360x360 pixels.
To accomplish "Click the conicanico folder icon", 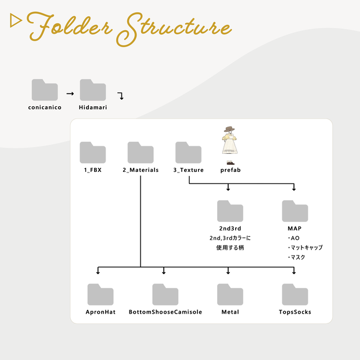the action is (x=45, y=90).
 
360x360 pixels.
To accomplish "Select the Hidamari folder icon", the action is (x=93, y=90).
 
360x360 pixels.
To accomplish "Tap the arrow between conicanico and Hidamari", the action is (x=70, y=93).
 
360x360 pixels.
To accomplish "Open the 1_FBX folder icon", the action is (x=93, y=153).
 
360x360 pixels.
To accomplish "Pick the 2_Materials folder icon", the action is (x=141, y=153).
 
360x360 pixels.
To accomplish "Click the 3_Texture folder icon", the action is (x=188, y=153).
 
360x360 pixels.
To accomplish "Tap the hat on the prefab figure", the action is (x=229, y=129).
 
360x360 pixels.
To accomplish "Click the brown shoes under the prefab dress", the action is (x=231, y=163).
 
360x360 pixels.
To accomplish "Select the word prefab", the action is (x=231, y=170).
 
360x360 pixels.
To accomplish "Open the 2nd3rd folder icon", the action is (x=230, y=211).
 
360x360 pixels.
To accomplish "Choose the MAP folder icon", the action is (x=295, y=211).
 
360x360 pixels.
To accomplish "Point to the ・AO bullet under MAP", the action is (x=294, y=238).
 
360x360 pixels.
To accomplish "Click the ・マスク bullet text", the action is (x=296, y=257).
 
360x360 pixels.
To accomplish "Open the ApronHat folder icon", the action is (x=100, y=294).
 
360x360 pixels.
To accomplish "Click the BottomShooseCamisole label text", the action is (x=165, y=312).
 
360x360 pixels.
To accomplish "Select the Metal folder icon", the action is (x=230, y=294).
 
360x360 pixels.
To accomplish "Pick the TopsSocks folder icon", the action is (x=295, y=294).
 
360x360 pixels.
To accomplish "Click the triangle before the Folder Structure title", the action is (x=15, y=20).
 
